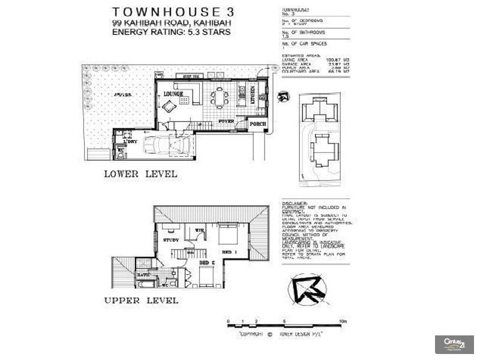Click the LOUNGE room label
tap(173, 94)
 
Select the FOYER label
tap(226, 121)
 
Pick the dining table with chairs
tap(219, 96)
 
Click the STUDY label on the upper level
tap(171, 240)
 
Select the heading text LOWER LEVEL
tap(140, 174)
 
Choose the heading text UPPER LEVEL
tap(141, 300)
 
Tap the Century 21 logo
tap(454, 344)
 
